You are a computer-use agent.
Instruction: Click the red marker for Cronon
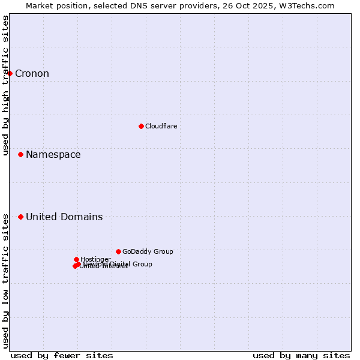10,74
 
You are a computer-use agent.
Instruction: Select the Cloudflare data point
141,126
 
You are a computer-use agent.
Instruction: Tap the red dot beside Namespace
20,155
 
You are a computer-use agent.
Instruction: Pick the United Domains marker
20,217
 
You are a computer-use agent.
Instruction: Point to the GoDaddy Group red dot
118,251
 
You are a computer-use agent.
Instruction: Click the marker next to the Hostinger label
76,259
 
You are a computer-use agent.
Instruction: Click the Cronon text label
32,74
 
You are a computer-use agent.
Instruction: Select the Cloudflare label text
161,126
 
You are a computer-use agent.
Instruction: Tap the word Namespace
53,155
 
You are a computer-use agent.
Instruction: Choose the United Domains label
64,217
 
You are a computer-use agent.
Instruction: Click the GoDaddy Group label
148,251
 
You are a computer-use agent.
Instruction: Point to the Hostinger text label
95,259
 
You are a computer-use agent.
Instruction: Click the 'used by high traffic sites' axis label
5,85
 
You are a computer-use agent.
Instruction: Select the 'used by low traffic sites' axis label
5,280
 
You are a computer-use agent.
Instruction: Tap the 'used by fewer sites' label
62,355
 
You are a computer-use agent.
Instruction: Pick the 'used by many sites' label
301,355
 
